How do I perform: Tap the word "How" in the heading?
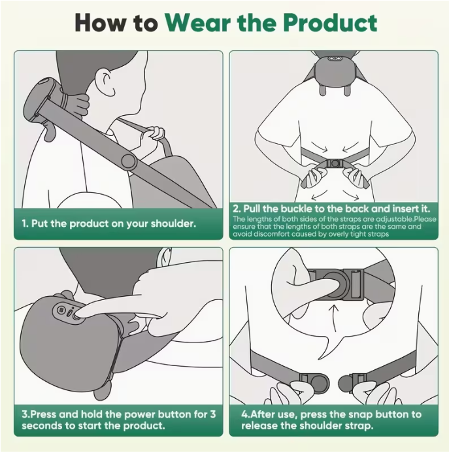(x=98, y=23)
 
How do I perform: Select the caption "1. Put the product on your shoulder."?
(x=109, y=224)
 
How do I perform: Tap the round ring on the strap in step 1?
(x=129, y=161)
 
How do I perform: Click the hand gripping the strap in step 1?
(x=155, y=135)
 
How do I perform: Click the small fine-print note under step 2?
(x=333, y=226)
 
